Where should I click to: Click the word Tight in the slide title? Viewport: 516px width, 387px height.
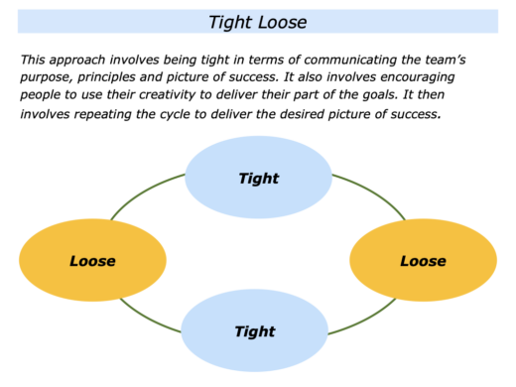[231, 21]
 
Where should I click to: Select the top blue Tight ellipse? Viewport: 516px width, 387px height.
[259, 179]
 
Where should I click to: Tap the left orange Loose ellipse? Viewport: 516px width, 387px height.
[92, 261]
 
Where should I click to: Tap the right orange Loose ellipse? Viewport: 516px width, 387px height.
[423, 261]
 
